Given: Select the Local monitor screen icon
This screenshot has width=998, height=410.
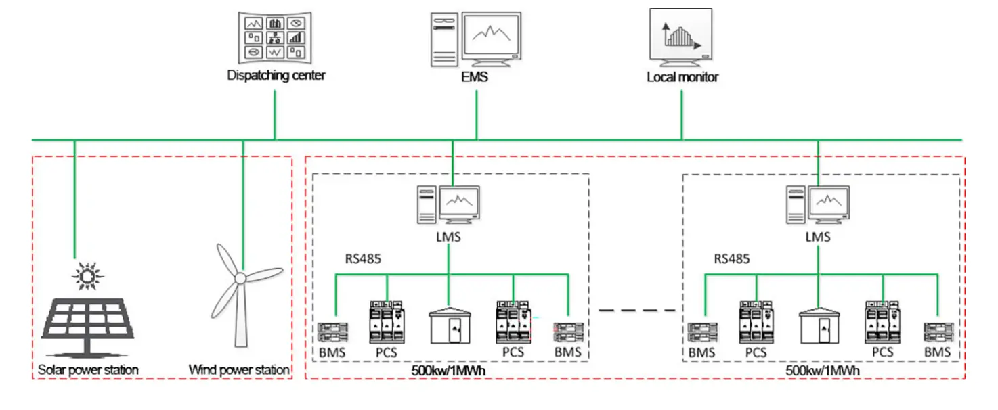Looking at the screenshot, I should [x=680, y=35].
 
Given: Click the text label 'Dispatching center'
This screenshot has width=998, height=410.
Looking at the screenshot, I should [x=276, y=75].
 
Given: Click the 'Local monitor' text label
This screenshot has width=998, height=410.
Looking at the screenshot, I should [x=682, y=76].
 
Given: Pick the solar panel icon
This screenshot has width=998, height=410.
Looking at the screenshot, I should [x=88, y=323].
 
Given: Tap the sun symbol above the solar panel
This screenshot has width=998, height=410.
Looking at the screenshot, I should [x=87, y=275].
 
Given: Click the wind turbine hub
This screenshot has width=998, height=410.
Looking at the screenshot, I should [x=240, y=278].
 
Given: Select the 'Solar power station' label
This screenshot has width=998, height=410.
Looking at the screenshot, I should [x=88, y=370].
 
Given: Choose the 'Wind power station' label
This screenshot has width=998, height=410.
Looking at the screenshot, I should [x=239, y=370].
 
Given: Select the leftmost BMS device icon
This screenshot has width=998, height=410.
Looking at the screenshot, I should [x=333, y=332].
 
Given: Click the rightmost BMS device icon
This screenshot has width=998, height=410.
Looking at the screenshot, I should [x=938, y=332].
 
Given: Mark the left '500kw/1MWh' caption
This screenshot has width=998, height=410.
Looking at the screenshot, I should [x=448, y=371].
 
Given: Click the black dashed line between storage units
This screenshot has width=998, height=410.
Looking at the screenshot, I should [x=636, y=311].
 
